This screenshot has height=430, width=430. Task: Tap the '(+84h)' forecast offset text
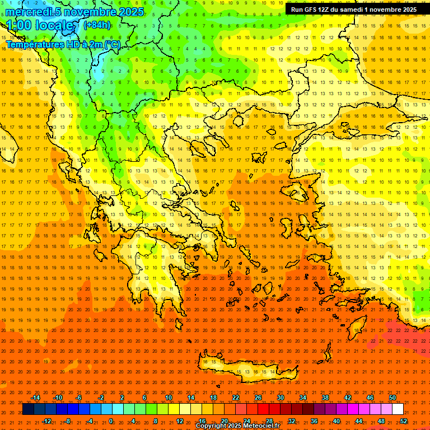97,25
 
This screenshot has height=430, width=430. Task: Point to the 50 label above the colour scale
392,398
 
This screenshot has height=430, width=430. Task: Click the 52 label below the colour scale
404,421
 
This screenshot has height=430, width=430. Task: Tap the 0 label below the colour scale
111,421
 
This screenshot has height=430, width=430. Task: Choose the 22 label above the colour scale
236,398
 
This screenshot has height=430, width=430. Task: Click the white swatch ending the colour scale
398,409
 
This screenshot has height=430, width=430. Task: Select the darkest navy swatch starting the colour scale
28,409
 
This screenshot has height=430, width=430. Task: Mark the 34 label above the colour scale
303,398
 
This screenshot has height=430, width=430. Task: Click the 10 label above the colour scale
169,398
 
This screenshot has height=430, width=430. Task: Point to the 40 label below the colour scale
336,421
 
